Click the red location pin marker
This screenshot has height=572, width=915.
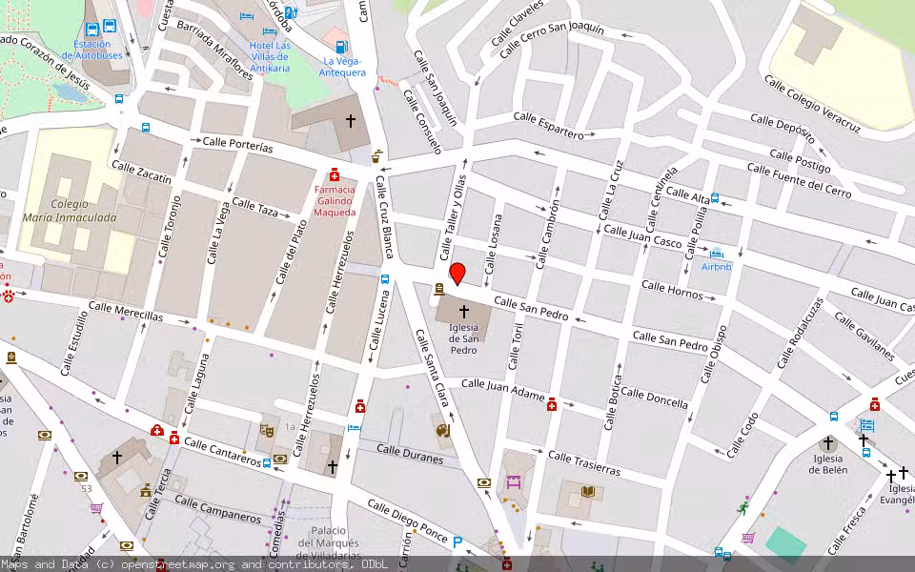click(457, 274)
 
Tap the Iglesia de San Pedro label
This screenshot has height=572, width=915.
click(464, 339)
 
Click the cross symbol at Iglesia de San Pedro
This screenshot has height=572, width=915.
click(464, 312)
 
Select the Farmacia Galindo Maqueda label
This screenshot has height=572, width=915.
click(335, 200)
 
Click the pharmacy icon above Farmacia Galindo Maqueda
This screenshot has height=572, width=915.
click(335, 175)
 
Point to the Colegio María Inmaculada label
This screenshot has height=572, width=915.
click(69, 211)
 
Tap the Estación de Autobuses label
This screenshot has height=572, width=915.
click(92, 50)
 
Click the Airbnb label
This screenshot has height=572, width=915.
click(717, 267)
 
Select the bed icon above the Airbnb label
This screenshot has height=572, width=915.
click(717, 253)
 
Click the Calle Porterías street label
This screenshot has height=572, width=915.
click(238, 145)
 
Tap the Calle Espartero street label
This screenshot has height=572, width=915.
click(548, 125)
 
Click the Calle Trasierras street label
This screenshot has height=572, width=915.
click(584, 464)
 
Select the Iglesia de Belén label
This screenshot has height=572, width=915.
click(827, 464)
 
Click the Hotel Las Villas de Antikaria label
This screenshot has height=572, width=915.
click(271, 51)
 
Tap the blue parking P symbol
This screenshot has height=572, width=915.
click(457, 542)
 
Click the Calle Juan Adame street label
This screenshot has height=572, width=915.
click(502, 389)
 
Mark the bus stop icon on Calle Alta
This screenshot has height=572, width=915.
click(715, 199)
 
